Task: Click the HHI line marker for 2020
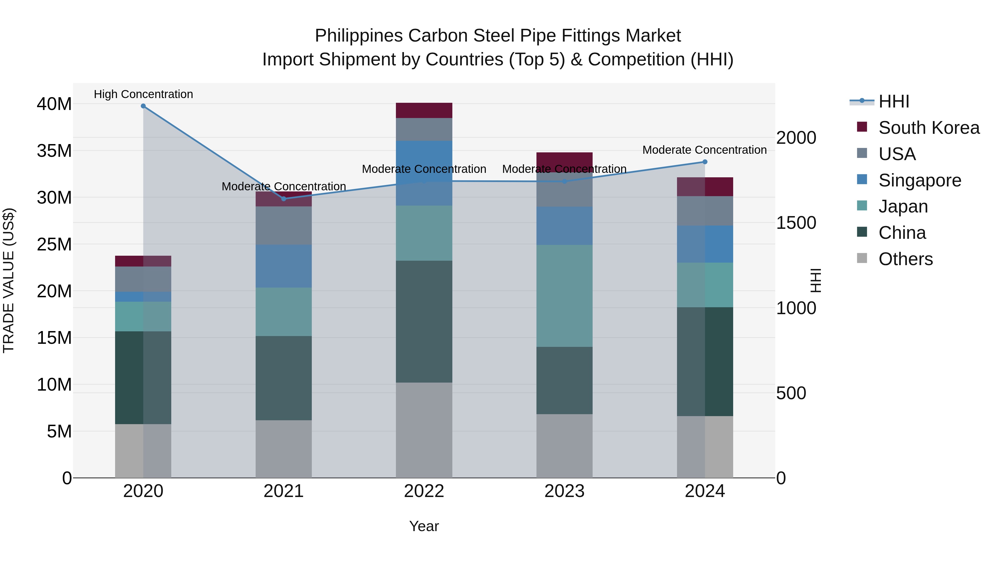(x=143, y=106)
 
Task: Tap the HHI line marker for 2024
(x=704, y=162)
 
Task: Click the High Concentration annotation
(x=143, y=94)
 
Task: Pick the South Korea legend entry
(x=928, y=128)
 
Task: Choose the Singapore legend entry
(x=919, y=180)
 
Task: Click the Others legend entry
(x=905, y=259)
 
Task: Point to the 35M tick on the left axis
(x=55, y=151)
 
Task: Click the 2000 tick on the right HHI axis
(x=796, y=138)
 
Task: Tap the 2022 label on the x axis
(x=424, y=491)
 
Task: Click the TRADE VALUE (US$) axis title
(x=9, y=280)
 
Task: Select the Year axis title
(x=424, y=526)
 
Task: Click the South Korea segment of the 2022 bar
(x=424, y=110)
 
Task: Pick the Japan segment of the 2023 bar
(x=564, y=296)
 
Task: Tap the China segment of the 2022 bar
(x=424, y=321)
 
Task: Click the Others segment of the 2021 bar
(x=283, y=449)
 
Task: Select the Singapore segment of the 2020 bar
(x=143, y=296)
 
